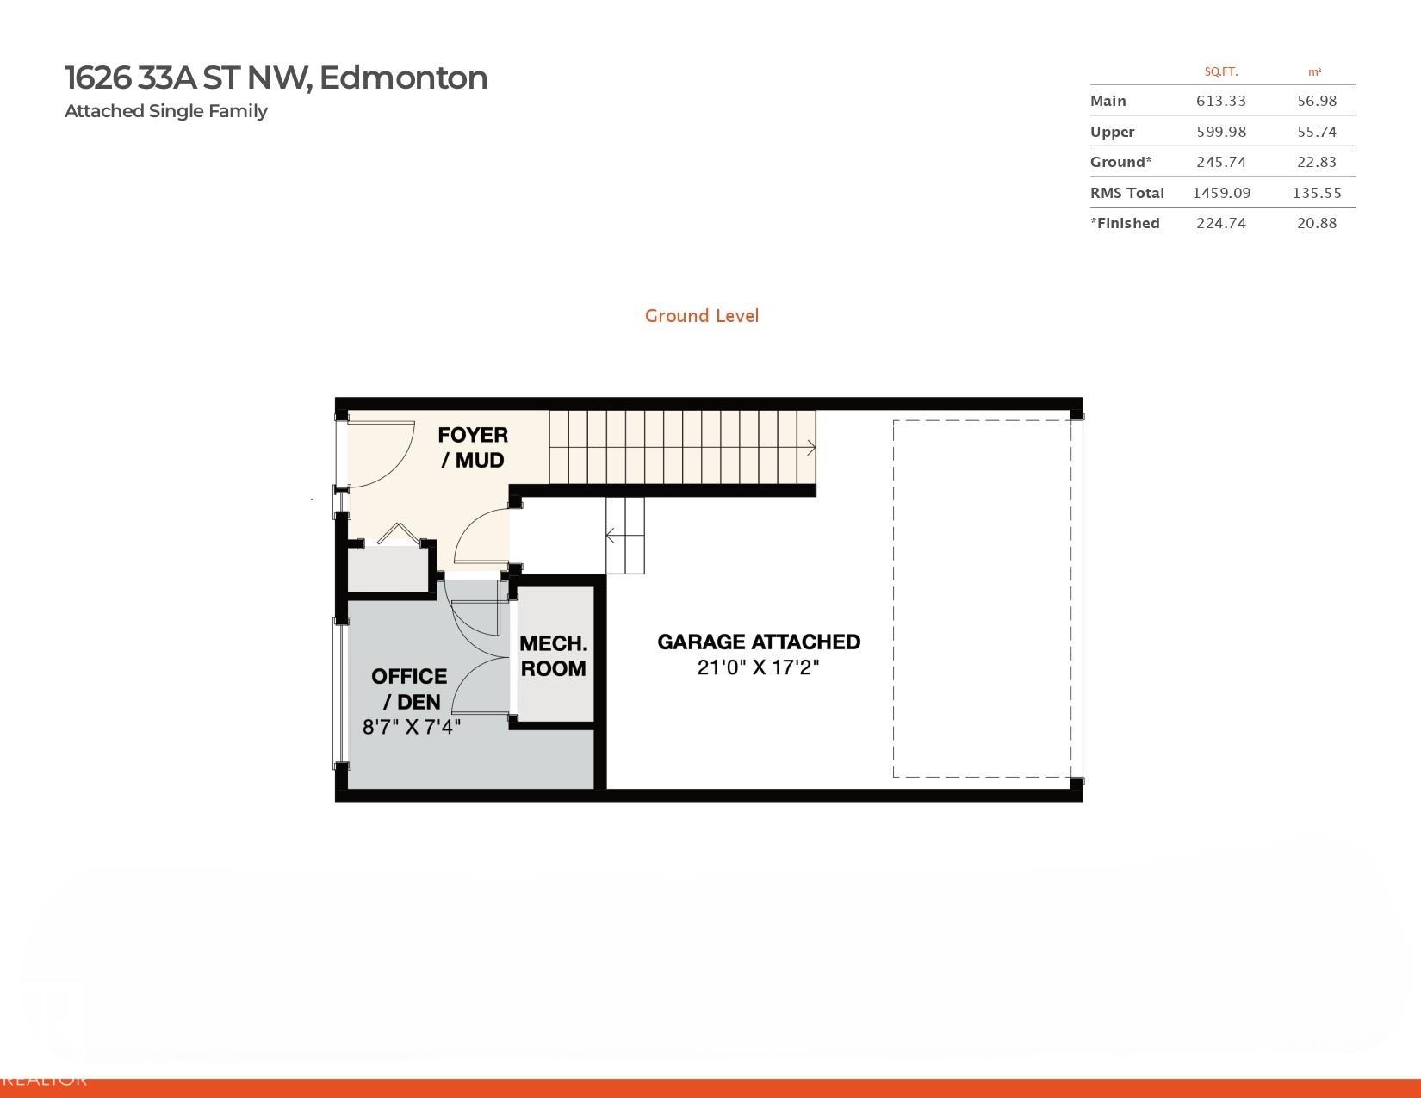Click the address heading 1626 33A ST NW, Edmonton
[276, 78]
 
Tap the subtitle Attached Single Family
[166, 111]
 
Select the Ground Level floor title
[702, 316]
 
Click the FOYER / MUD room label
[473, 447]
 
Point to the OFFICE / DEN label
[410, 689]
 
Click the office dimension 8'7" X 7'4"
[412, 727]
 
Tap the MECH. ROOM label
[553, 656]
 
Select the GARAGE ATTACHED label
[759, 642]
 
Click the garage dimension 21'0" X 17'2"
[758, 667]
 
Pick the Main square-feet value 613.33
[1221, 101]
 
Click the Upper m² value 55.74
[1317, 132]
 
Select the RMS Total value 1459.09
[1221, 193]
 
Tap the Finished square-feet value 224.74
[1221, 223]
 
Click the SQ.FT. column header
[1221, 72]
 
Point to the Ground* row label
[1120, 162]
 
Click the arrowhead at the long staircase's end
[812, 448]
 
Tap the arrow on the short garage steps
[625, 536]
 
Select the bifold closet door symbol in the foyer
[397, 534]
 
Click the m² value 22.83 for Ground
[1317, 162]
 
